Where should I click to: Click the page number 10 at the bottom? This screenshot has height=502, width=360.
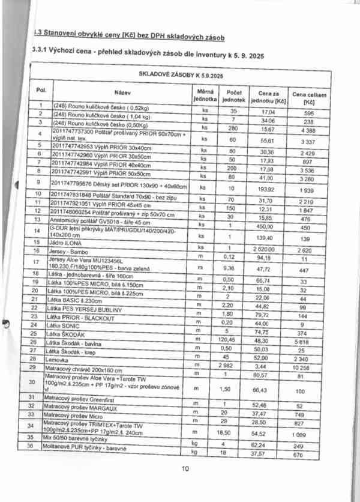(x=185, y=468)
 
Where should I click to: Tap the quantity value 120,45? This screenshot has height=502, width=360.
(x=234, y=339)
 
